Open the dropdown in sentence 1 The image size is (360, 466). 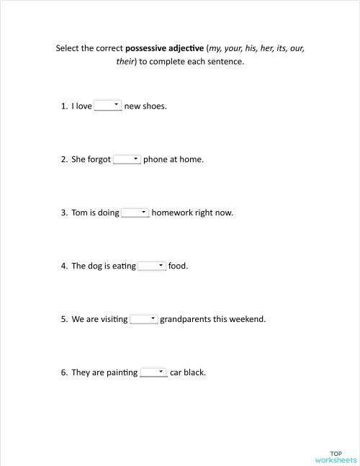pos(108,106)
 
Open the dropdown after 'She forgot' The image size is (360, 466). pos(127,159)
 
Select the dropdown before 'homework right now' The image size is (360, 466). pos(135,212)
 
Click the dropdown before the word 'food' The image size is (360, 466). pos(152,266)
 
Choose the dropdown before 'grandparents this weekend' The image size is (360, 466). pos(144,319)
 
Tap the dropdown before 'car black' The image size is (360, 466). pos(153,372)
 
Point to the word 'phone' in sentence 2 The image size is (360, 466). pos(156,160)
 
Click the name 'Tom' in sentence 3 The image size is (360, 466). pos(79,213)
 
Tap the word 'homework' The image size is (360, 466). pos(174,213)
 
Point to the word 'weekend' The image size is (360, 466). pos(248,320)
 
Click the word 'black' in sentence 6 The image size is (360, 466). pos(195,373)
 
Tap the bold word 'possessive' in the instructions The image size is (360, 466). pos(148,49)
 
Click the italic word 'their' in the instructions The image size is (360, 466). pos(125,62)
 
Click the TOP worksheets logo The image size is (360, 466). pos(336,456)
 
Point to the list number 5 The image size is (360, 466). pos(64,320)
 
